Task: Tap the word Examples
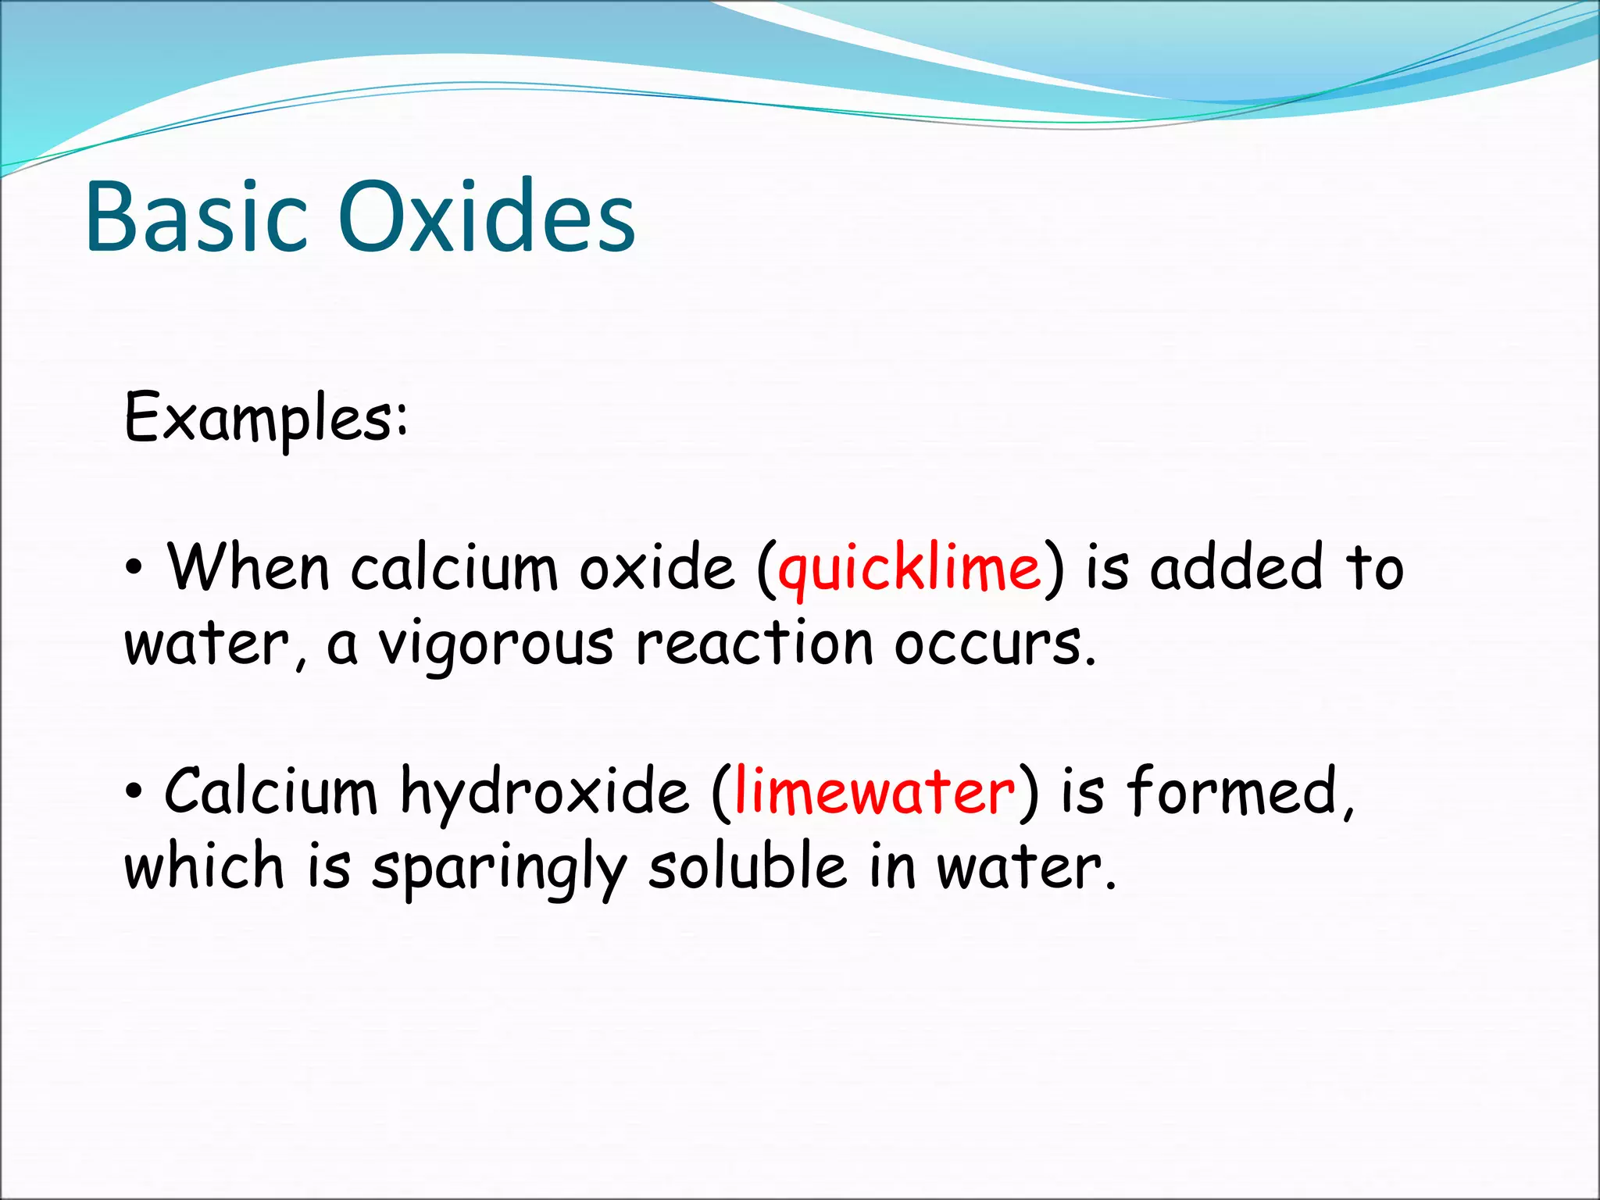[258, 418]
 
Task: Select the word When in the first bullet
[248, 567]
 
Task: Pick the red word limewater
[875, 792]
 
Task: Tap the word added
[1237, 567]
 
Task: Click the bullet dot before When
[134, 569]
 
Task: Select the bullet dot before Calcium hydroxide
[134, 792]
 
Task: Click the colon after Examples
[401, 420]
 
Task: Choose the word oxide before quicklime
[657, 567]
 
